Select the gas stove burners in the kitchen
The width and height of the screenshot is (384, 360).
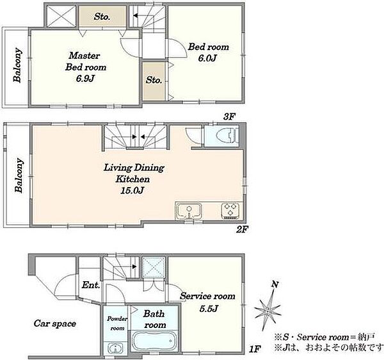(x=230, y=210)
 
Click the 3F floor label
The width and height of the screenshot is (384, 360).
(x=229, y=117)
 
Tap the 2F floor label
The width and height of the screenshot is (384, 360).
(x=242, y=229)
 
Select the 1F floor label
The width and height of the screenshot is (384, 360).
(x=255, y=349)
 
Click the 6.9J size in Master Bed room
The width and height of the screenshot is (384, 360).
(x=85, y=79)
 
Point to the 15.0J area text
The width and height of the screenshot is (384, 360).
(x=132, y=190)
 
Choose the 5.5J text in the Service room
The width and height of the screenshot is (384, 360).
(x=209, y=309)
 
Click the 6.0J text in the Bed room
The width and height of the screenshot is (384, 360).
(x=207, y=58)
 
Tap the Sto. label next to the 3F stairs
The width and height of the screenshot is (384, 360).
(x=102, y=17)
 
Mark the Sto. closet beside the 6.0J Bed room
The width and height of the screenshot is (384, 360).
(x=154, y=80)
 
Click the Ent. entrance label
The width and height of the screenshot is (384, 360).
(x=91, y=285)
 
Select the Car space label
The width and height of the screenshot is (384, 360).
(x=55, y=323)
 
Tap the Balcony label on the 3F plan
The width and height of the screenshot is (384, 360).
(x=18, y=65)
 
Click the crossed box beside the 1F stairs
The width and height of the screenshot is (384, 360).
(x=154, y=267)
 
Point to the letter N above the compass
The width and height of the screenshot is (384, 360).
(x=275, y=284)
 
